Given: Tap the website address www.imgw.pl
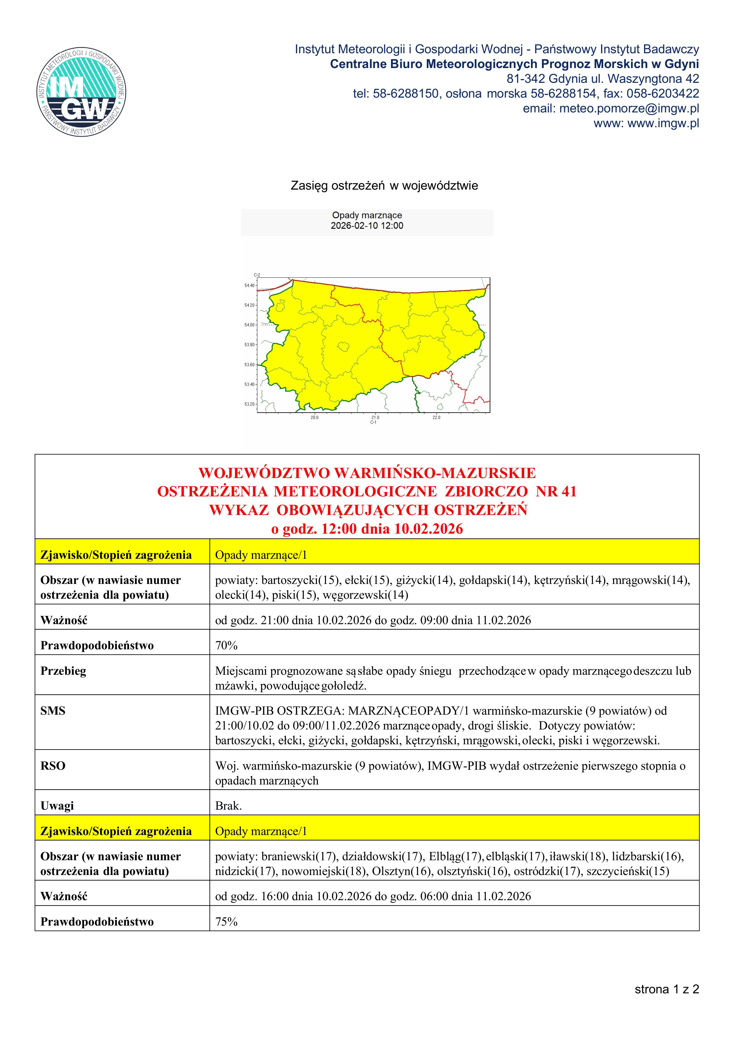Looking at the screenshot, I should [664, 123].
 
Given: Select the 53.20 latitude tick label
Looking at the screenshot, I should [250, 404].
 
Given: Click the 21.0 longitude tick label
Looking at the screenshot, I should [375, 417].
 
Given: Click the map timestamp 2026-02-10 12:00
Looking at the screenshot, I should [367, 226].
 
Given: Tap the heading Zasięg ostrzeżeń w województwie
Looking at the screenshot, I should [384, 186].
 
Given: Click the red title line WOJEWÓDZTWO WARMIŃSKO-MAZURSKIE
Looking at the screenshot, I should [367, 473].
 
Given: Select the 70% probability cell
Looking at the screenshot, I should [226, 645].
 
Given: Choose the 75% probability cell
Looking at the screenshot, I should [226, 922].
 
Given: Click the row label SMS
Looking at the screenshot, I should [53, 711].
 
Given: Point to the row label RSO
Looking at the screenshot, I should [53, 766].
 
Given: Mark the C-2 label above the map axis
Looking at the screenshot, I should [257, 275].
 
